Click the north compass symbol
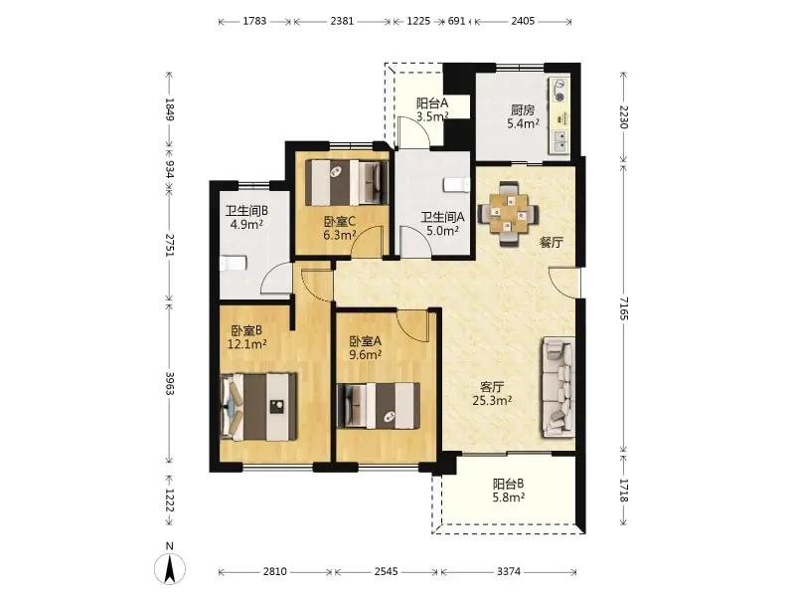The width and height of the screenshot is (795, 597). point(170,567)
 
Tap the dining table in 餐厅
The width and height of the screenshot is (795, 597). point(509,214)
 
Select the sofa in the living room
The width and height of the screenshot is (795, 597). point(558,387)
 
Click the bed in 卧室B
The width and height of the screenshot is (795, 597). point(259,407)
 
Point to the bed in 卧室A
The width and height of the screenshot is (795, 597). point(380,406)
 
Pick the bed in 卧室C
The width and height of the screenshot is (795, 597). point(347,183)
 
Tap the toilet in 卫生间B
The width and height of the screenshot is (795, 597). point(234,263)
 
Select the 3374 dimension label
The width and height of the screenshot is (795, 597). point(509,571)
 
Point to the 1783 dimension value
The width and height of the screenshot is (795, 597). point(254,21)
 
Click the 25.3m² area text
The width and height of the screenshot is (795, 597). point(492,401)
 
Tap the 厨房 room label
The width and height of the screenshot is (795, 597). point(523,109)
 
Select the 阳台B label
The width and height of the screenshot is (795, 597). point(509,484)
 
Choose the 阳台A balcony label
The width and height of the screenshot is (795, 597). point(432,103)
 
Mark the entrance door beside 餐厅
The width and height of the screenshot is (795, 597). point(563,284)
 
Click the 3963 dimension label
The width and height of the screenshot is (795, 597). point(170,384)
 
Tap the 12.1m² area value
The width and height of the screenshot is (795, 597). point(246,344)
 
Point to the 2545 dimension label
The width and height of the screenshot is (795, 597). point(387,571)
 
